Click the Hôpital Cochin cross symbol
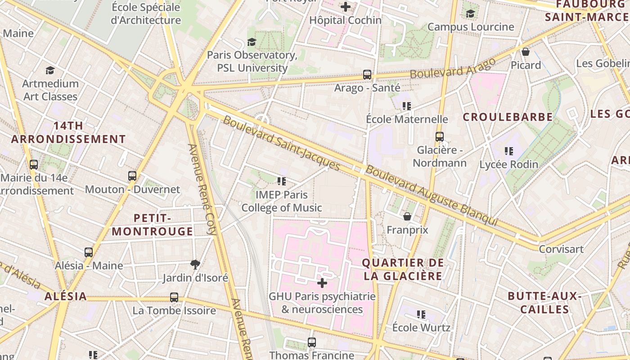[x=345, y=7]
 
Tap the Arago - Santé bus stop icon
[x=367, y=75]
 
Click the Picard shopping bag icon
[x=525, y=52]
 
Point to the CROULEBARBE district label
[x=508, y=117]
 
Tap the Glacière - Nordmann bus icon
[x=439, y=137]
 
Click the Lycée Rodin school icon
[x=508, y=151]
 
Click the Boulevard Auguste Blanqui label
[x=431, y=196]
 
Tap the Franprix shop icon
[x=407, y=216]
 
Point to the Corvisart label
[x=561, y=249]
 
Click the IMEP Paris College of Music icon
[x=282, y=181]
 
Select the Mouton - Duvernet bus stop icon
[x=132, y=176]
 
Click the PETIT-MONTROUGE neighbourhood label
[x=153, y=225]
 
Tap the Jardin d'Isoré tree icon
[x=195, y=264]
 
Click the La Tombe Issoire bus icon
[x=174, y=297]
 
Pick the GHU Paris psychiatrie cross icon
[x=322, y=283]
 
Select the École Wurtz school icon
[x=421, y=314]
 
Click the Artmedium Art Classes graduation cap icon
[x=50, y=71]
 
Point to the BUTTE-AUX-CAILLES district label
[x=545, y=303]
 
